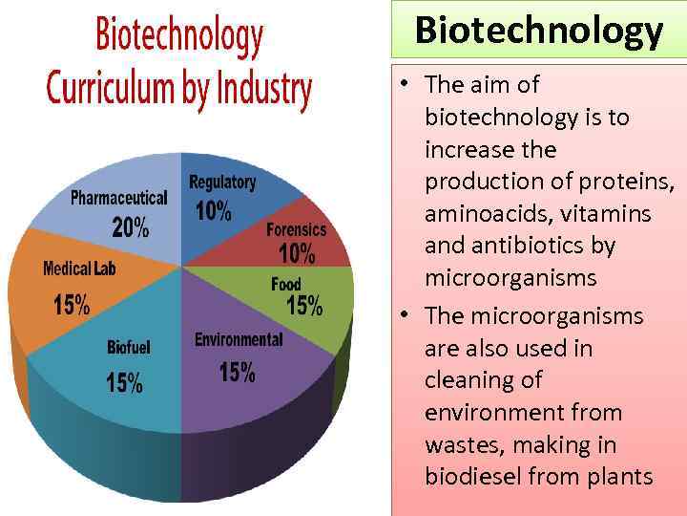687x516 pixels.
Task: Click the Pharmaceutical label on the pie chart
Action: click(119, 199)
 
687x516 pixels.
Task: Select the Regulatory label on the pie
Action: click(222, 182)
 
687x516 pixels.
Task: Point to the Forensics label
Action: click(296, 229)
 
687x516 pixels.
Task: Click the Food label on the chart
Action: click(286, 284)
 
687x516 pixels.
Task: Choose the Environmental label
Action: click(239, 340)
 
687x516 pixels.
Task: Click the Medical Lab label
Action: click(79, 269)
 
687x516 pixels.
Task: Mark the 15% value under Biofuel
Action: click(124, 383)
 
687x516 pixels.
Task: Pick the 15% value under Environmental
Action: click(237, 372)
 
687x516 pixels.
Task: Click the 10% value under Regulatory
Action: click(213, 211)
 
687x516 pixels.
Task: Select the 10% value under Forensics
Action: click(297, 254)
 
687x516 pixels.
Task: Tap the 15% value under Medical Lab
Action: click(72, 305)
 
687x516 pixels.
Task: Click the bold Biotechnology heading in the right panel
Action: click(538, 31)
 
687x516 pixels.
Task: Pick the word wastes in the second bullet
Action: click(460, 445)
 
